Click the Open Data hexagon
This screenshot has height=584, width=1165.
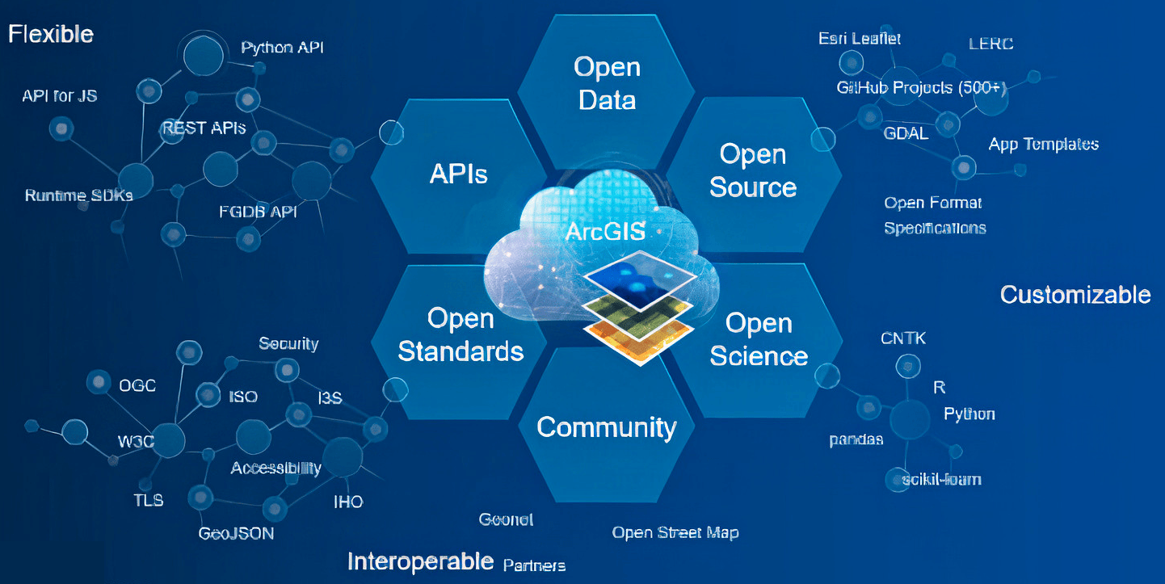(607, 83)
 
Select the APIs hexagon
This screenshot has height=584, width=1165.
(458, 173)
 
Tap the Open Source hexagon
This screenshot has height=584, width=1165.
(753, 170)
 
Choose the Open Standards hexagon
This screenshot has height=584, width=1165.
(461, 335)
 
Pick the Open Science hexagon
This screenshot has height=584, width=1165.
(759, 339)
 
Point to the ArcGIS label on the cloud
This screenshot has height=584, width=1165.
(606, 233)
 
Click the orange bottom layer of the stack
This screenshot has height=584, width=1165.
(638, 338)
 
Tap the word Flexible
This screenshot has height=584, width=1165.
(51, 34)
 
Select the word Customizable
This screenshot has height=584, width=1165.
(1075, 294)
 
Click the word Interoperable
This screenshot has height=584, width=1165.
(420, 561)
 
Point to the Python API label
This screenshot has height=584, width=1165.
(283, 48)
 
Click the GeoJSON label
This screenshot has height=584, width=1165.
(236, 534)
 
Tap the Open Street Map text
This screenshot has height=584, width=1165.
(675, 532)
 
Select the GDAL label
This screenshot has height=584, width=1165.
(906, 134)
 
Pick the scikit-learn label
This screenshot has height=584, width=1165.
(937, 479)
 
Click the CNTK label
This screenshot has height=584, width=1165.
(903, 338)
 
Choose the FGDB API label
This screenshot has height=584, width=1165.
(259, 212)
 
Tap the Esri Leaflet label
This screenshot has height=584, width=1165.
(860, 38)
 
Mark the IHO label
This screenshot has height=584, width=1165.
(348, 502)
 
